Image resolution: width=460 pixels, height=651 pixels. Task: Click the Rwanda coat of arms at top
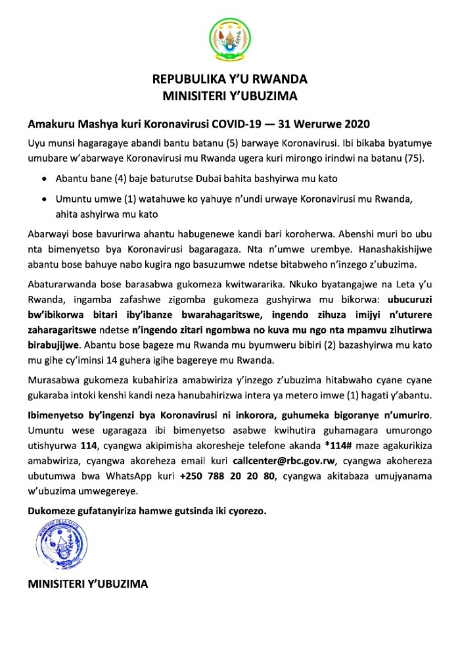pos(230,39)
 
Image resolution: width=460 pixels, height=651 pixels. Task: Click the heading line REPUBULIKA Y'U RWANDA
pos(230,80)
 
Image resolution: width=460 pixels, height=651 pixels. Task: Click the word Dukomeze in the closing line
pos(51,511)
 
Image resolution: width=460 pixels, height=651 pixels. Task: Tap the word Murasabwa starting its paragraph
pos(54,381)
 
